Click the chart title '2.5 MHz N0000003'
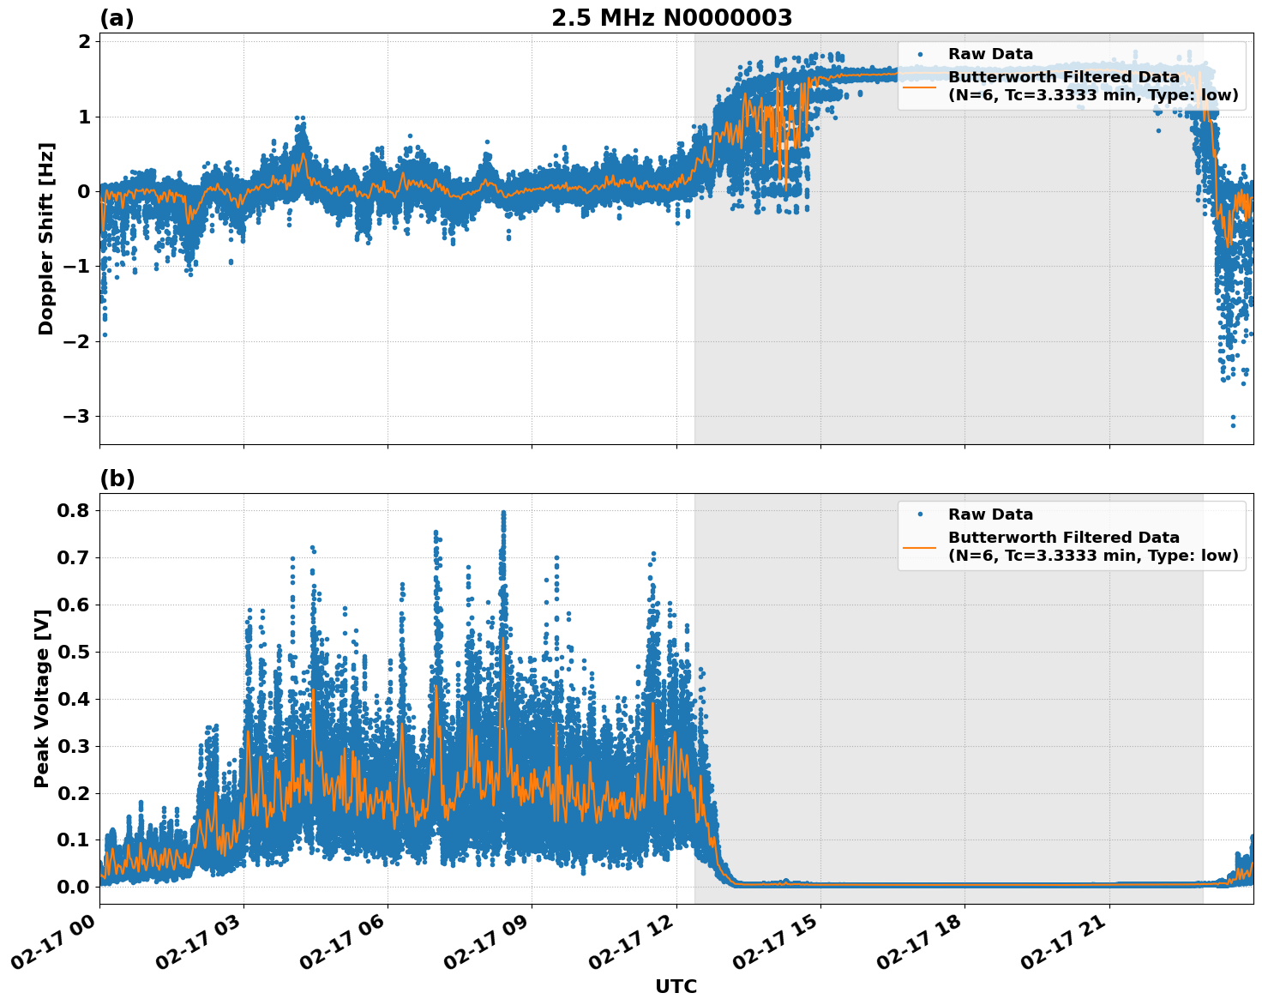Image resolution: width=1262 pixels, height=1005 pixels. (671, 18)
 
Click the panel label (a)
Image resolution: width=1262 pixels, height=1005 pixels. (117, 18)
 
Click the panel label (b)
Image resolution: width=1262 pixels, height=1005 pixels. (117, 478)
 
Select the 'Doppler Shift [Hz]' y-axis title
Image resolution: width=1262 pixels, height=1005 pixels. (46, 238)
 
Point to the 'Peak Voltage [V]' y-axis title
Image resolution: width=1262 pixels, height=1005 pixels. (41, 698)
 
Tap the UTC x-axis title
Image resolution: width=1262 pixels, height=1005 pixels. (676, 986)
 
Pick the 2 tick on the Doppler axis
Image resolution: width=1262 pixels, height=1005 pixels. (85, 42)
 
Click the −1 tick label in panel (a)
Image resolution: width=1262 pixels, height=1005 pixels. (76, 267)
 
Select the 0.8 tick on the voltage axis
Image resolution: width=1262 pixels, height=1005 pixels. (75, 511)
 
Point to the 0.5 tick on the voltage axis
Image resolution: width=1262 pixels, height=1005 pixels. (75, 652)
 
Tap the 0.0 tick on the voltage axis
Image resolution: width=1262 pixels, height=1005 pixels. (75, 887)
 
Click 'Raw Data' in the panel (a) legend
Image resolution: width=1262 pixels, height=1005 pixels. (990, 54)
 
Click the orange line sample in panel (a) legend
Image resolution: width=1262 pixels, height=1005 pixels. (920, 86)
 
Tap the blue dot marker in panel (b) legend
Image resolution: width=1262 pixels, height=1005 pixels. (920, 515)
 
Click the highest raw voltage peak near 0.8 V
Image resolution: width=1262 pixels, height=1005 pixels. (503, 514)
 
